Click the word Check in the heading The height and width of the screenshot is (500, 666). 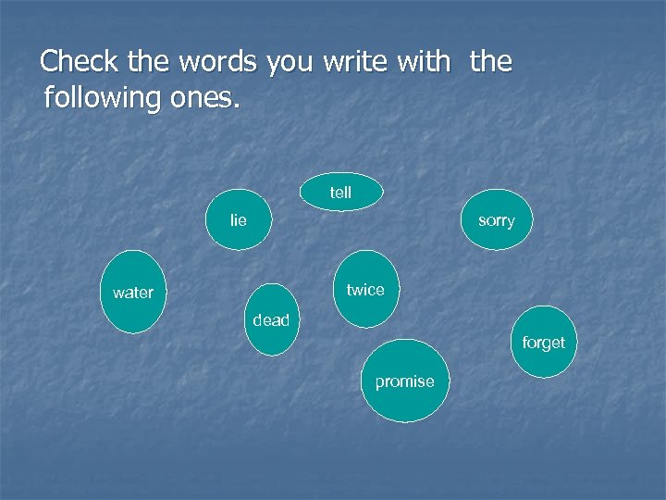pyautogui.click(x=79, y=62)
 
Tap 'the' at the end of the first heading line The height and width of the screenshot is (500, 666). pyautogui.click(x=490, y=62)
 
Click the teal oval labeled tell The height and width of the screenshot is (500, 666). pyautogui.click(x=340, y=192)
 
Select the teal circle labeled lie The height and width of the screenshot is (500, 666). pyautogui.click(x=239, y=220)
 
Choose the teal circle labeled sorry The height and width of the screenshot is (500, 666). pyautogui.click(x=497, y=220)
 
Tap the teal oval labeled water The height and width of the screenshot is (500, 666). pyautogui.click(x=132, y=292)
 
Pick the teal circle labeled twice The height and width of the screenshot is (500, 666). pyautogui.click(x=365, y=289)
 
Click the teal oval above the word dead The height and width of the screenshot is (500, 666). pyautogui.click(x=274, y=298)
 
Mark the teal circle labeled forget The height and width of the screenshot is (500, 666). pyautogui.click(x=543, y=342)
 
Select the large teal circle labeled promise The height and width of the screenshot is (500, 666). pyautogui.click(x=404, y=381)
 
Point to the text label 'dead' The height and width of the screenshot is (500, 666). pyautogui.click(x=271, y=320)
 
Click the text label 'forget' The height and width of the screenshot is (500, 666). pyautogui.click(x=543, y=343)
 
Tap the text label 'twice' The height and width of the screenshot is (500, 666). pyautogui.click(x=365, y=290)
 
